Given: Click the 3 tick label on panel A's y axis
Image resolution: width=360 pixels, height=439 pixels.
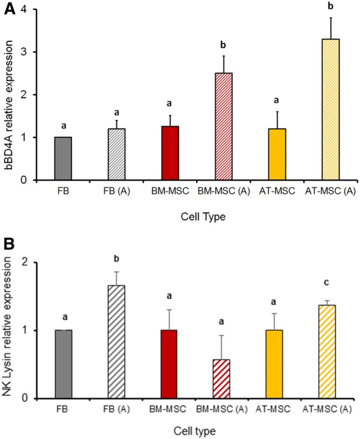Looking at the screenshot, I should pos(30,52).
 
